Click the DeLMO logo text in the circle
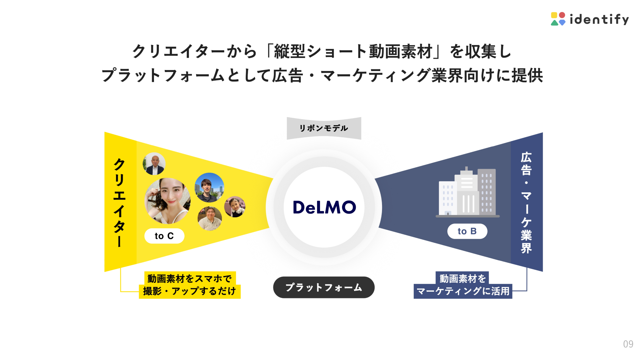pos(324,207)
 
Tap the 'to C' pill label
pos(164,236)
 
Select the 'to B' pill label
pos(467,231)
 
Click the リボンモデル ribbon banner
pos(324,128)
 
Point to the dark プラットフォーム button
pos(324,287)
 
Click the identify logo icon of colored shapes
pos(558,19)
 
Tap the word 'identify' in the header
pos(599,19)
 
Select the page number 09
pos(628,344)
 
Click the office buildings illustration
pos(467,192)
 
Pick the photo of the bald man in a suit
pos(154,164)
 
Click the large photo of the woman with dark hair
pos(168,201)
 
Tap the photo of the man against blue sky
pos(209,187)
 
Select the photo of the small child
pos(235,207)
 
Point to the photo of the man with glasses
pos(210,218)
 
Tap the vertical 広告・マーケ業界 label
pos(526,202)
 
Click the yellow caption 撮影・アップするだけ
pos(189,291)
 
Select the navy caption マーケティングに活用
pos(463,291)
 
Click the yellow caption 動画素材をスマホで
pos(189,278)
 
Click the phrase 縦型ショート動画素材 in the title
pos(353,52)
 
